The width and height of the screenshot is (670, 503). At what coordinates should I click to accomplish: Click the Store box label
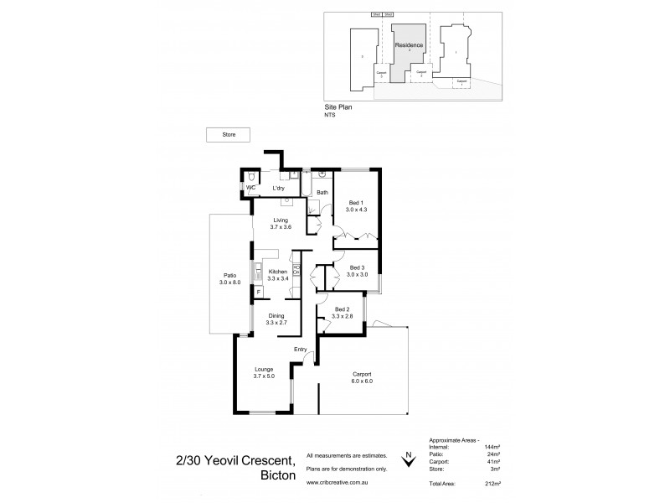tap(229, 134)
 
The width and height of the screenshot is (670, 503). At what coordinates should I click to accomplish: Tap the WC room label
tap(250, 189)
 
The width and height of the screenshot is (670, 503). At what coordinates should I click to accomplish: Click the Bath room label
tap(322, 192)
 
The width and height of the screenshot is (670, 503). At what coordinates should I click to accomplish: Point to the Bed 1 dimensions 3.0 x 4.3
tap(357, 210)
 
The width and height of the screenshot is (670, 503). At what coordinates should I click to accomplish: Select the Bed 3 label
tap(357, 267)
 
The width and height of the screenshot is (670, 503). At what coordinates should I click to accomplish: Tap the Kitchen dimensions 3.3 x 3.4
tap(278, 279)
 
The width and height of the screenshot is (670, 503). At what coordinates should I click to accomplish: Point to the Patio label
tap(229, 275)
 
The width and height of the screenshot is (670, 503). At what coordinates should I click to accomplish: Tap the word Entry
tap(301, 350)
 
